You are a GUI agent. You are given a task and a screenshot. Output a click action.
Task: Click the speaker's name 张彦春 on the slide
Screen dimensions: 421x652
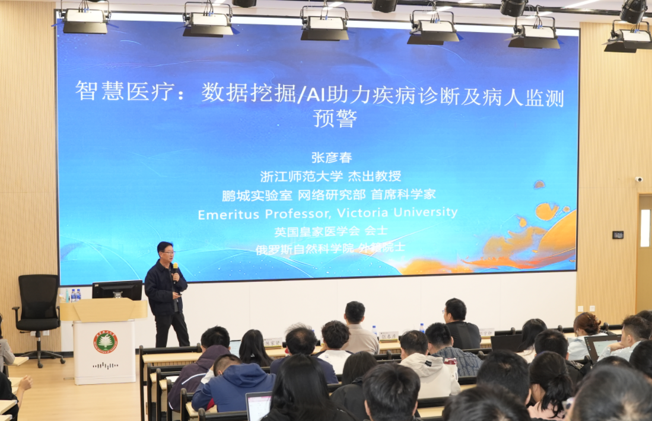332,158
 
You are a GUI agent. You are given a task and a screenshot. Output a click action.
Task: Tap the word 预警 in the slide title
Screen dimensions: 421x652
335,119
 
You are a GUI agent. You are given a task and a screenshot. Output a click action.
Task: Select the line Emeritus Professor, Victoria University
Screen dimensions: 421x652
327,213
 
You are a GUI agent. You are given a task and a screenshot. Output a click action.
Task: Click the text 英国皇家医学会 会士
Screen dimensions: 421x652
330,231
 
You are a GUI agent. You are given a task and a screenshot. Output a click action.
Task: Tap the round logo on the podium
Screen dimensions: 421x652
105,342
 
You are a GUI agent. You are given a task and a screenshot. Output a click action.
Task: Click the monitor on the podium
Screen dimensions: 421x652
117,290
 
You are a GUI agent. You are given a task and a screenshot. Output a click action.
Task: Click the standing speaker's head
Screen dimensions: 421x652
166,251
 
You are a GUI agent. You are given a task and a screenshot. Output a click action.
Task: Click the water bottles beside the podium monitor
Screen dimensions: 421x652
76,295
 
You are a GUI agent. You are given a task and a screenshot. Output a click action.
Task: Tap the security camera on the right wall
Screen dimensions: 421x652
639,179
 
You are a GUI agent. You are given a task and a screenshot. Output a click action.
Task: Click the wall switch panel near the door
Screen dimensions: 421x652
618,235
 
